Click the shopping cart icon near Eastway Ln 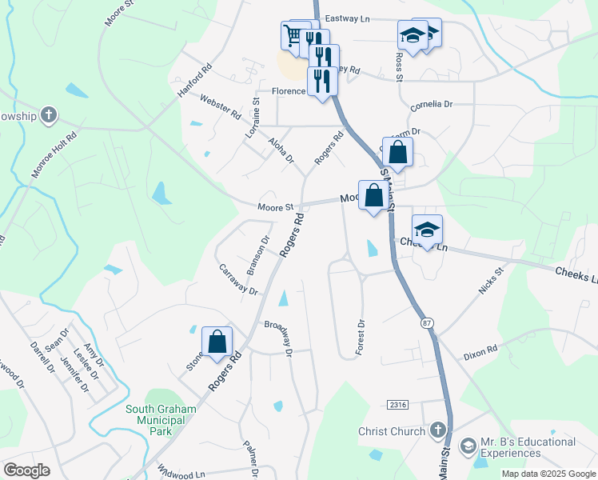coord(295,35)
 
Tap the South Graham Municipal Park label coord(161,420)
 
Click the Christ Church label coord(392,432)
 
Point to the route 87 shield coord(427,322)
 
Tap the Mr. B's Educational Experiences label coord(528,447)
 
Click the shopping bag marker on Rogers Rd coord(217,342)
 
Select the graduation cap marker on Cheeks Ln coord(427,230)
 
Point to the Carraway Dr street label coord(238,280)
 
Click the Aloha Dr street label coord(281,150)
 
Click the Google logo coord(26,470)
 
